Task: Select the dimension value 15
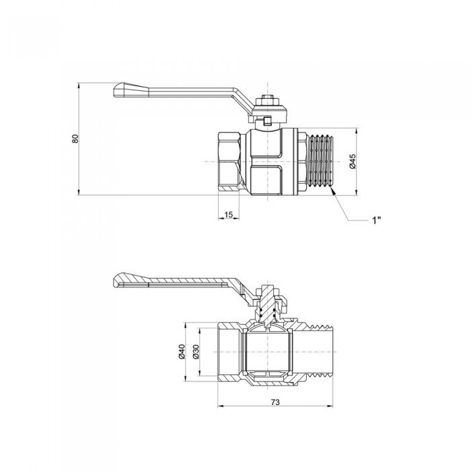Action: pos(228,214)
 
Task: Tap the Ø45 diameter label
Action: pos(352,161)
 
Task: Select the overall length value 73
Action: pos(275,401)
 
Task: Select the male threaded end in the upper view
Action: pos(320,162)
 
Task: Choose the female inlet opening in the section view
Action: pos(229,351)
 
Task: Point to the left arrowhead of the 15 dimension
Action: pos(221,219)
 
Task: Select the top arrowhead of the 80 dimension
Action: pos(79,85)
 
